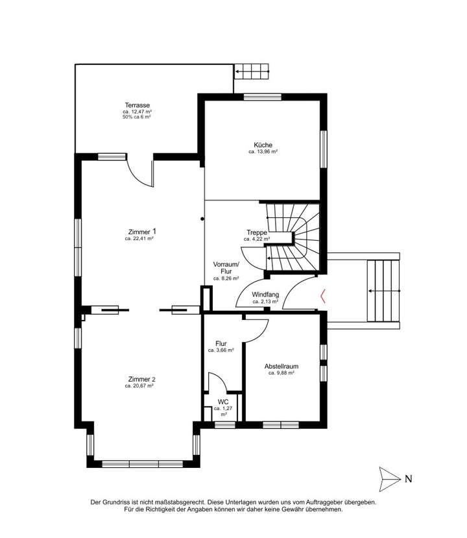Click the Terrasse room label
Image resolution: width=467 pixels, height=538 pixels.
pos(137,105)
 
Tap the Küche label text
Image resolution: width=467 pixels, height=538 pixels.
pos(263,145)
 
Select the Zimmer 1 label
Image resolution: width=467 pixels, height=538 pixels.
pos(141,231)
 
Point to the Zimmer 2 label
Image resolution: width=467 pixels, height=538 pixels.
pos(141,379)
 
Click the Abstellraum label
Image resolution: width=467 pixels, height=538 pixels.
pos(281,367)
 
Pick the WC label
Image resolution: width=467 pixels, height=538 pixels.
pos(223,402)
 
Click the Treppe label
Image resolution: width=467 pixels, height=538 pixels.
pos(257,232)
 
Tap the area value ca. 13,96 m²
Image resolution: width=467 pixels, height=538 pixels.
pos(263,152)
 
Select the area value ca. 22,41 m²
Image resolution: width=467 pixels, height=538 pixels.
pos(139,239)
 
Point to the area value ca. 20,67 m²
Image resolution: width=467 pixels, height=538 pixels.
pos(140,386)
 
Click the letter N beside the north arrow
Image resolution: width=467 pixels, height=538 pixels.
pos(409,480)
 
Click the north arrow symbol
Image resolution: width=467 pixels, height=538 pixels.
pos(389,480)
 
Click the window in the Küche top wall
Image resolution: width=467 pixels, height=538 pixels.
pos(263,97)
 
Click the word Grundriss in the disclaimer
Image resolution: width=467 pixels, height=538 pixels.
pos(125,502)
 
